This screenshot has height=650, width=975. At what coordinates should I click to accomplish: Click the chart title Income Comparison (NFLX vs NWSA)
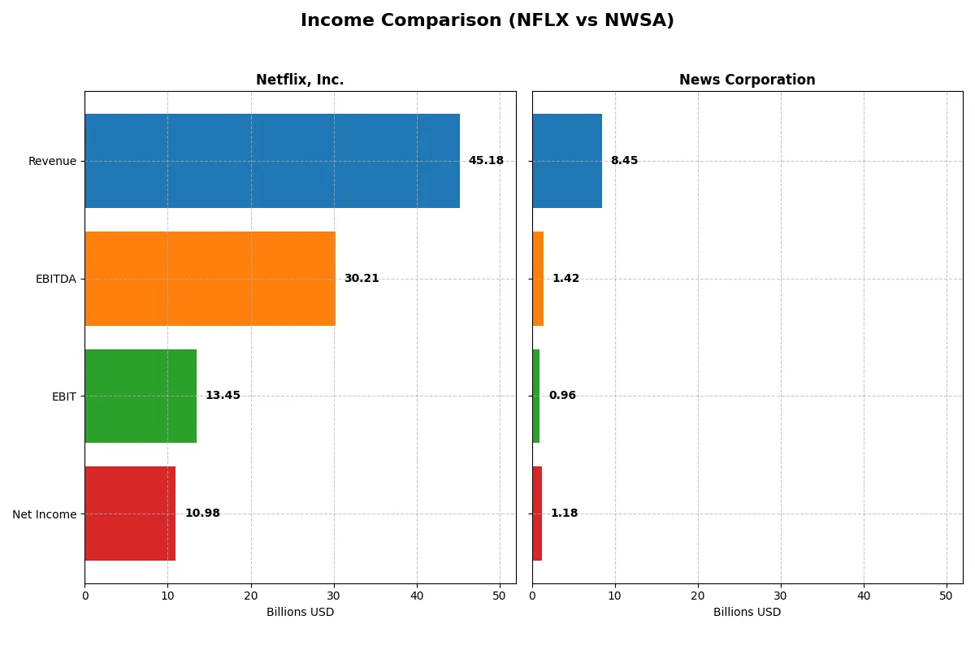pos(487,20)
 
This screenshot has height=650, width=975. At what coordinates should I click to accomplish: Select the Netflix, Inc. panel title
pos(300,80)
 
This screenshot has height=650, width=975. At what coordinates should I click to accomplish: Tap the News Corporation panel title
pos(747,80)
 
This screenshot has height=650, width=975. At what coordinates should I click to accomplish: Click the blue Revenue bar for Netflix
pos(272,161)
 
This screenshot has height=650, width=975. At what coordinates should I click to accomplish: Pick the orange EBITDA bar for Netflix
pos(210,279)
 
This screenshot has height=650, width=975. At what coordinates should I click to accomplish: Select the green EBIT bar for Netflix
pos(141,396)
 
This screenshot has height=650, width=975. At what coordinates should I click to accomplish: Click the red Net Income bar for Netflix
pos(130,513)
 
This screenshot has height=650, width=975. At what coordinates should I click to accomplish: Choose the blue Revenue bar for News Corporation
pos(567,161)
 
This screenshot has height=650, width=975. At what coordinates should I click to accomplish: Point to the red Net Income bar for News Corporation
pos(537,513)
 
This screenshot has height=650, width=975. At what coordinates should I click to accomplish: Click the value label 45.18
pos(486,161)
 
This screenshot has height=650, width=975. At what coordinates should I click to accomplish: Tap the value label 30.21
pos(362,279)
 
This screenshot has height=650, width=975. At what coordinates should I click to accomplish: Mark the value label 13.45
pos(223,396)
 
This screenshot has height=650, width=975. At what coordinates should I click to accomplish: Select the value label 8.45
pos(624,161)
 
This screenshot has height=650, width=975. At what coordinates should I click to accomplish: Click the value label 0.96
pos(562,396)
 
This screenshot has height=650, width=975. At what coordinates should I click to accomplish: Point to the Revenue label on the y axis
pos(52,161)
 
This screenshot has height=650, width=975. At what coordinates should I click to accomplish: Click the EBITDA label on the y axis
pos(56,279)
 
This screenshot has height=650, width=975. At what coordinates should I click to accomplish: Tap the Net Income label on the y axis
pos(45,514)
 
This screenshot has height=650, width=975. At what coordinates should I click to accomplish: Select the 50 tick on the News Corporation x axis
pos(947,596)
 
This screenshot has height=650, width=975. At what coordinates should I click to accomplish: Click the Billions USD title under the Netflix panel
pos(300,612)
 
